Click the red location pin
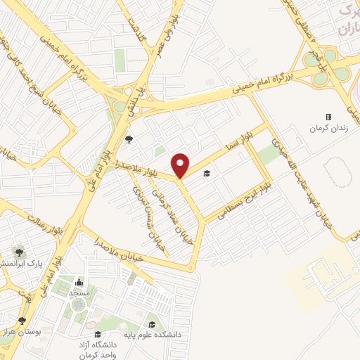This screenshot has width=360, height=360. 181,165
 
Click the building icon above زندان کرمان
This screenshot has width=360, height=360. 328,116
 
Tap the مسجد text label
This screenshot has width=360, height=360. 78,292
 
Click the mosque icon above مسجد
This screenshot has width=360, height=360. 78,281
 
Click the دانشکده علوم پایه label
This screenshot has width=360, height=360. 154,335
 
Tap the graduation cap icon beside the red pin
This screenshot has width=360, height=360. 206,174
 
